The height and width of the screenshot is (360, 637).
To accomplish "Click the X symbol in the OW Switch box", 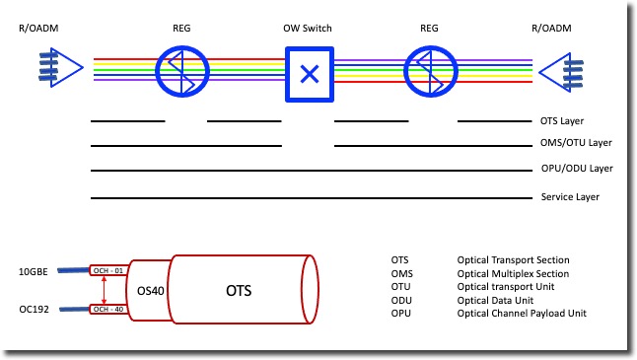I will pyautogui.click(x=310, y=73).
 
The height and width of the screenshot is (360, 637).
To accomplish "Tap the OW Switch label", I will pyautogui.click(x=309, y=28).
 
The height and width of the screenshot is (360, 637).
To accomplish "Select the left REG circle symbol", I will pyautogui.click(x=181, y=71).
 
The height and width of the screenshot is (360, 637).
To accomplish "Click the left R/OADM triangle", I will pyautogui.click(x=60, y=71).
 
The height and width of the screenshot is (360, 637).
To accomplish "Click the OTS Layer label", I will pyautogui.click(x=563, y=121).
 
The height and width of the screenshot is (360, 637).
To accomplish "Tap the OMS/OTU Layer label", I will pyautogui.click(x=577, y=144).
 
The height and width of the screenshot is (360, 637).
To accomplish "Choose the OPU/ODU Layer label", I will pyautogui.click(x=577, y=170).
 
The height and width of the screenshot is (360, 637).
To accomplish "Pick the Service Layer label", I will pyautogui.click(x=571, y=197).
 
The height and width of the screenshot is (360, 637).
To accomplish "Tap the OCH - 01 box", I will pyautogui.click(x=106, y=270).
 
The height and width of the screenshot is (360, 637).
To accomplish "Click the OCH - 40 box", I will pyautogui.click(x=106, y=310).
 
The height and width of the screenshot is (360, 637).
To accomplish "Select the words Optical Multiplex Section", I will pyautogui.click(x=513, y=273).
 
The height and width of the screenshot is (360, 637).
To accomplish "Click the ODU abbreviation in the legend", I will pyautogui.click(x=400, y=299).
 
